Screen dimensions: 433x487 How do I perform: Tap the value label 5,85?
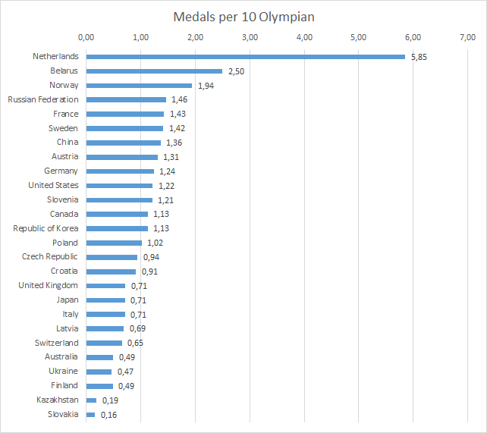coord(418,57)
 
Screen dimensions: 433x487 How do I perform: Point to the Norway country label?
coord(64,85)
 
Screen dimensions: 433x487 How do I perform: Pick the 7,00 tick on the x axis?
coord(467,37)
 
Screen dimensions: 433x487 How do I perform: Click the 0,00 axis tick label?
coord(86,37)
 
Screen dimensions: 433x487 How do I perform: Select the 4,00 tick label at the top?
coord(304,37)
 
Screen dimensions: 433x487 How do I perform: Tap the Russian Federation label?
coord(43,99)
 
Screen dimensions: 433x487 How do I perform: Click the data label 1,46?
coord(178,100)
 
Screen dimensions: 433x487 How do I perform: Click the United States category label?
coord(53,185)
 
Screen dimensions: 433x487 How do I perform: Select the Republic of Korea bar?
coord(117,228)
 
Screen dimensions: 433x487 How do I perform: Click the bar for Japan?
coord(105,300)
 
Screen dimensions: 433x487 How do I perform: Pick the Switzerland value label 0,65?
coord(134,344)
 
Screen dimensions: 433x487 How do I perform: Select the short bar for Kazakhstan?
coord(91,400)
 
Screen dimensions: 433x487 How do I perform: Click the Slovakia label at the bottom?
coord(62,414)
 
